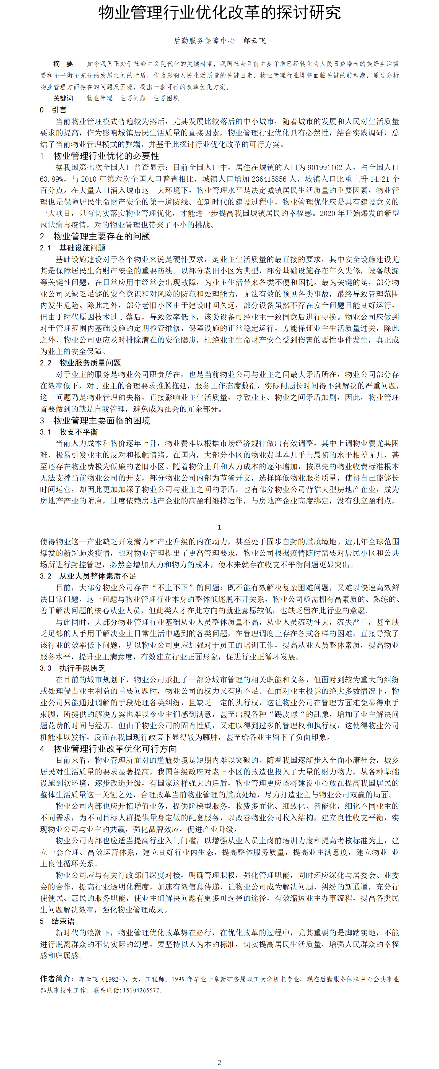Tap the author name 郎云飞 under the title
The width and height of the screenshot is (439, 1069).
tap(254, 41)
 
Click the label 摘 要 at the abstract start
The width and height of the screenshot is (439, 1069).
tap(63, 64)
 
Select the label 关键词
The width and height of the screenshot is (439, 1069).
tap(63, 98)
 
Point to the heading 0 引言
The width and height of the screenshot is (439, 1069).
tap(53, 110)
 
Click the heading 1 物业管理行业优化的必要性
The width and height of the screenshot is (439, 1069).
tap(100, 156)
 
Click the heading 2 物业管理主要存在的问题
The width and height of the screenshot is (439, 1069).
tap(95, 236)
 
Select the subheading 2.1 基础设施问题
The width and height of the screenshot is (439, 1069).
tap(73, 248)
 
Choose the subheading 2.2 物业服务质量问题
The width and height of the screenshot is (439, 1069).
tap(80, 363)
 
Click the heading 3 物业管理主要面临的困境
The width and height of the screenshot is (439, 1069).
tap(95, 421)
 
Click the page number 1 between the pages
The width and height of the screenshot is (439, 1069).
tap(219, 527)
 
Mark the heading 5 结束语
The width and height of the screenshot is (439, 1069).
tap(57, 921)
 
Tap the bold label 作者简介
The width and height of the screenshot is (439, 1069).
tap(57, 979)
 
